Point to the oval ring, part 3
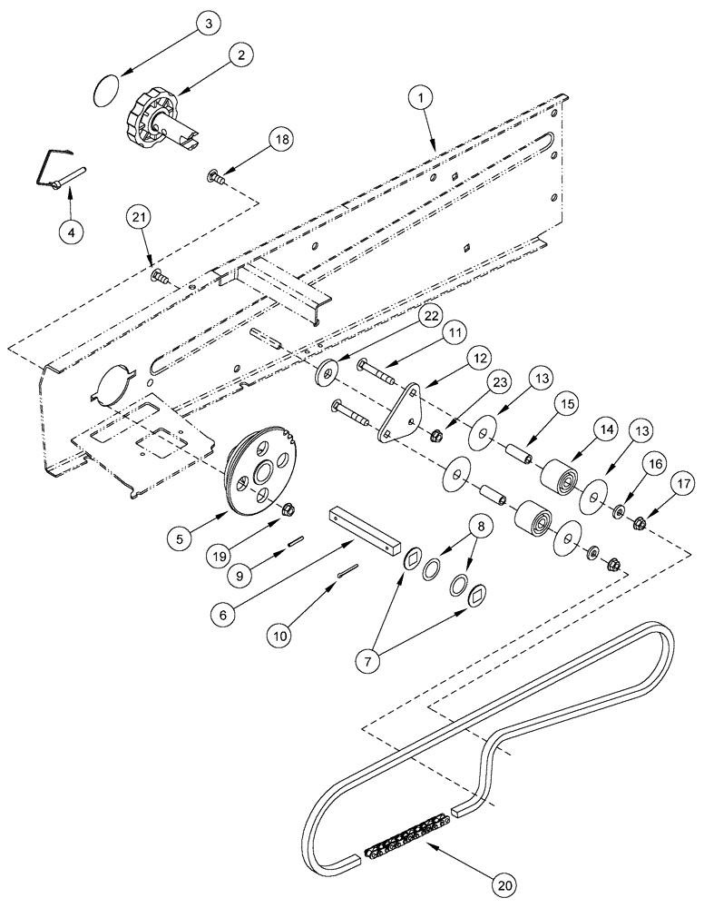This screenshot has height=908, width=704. click(107, 90)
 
